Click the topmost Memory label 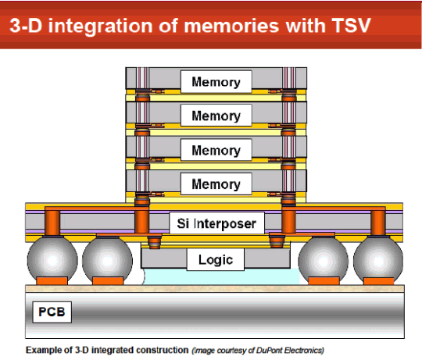pyautogui.click(x=216, y=82)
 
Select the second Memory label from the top pyautogui.click(x=216, y=116)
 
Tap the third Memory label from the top pyautogui.click(x=216, y=150)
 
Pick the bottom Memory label pyautogui.click(x=216, y=184)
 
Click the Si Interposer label pyautogui.click(x=217, y=223)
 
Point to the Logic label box pyautogui.click(x=216, y=259)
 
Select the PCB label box pyautogui.click(x=52, y=312)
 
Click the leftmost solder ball pyautogui.click(x=52, y=260)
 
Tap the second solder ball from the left pyautogui.click(x=107, y=260)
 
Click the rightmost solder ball pyautogui.click(x=378, y=260)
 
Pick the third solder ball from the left pyautogui.click(x=324, y=260)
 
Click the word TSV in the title pyautogui.click(x=351, y=26)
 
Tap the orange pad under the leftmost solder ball pyautogui.click(x=52, y=280)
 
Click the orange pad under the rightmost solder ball pyautogui.click(x=379, y=281)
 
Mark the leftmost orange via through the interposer pyautogui.click(x=52, y=223)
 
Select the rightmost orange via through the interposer pyautogui.click(x=378, y=223)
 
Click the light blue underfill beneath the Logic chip pyautogui.click(x=220, y=277)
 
